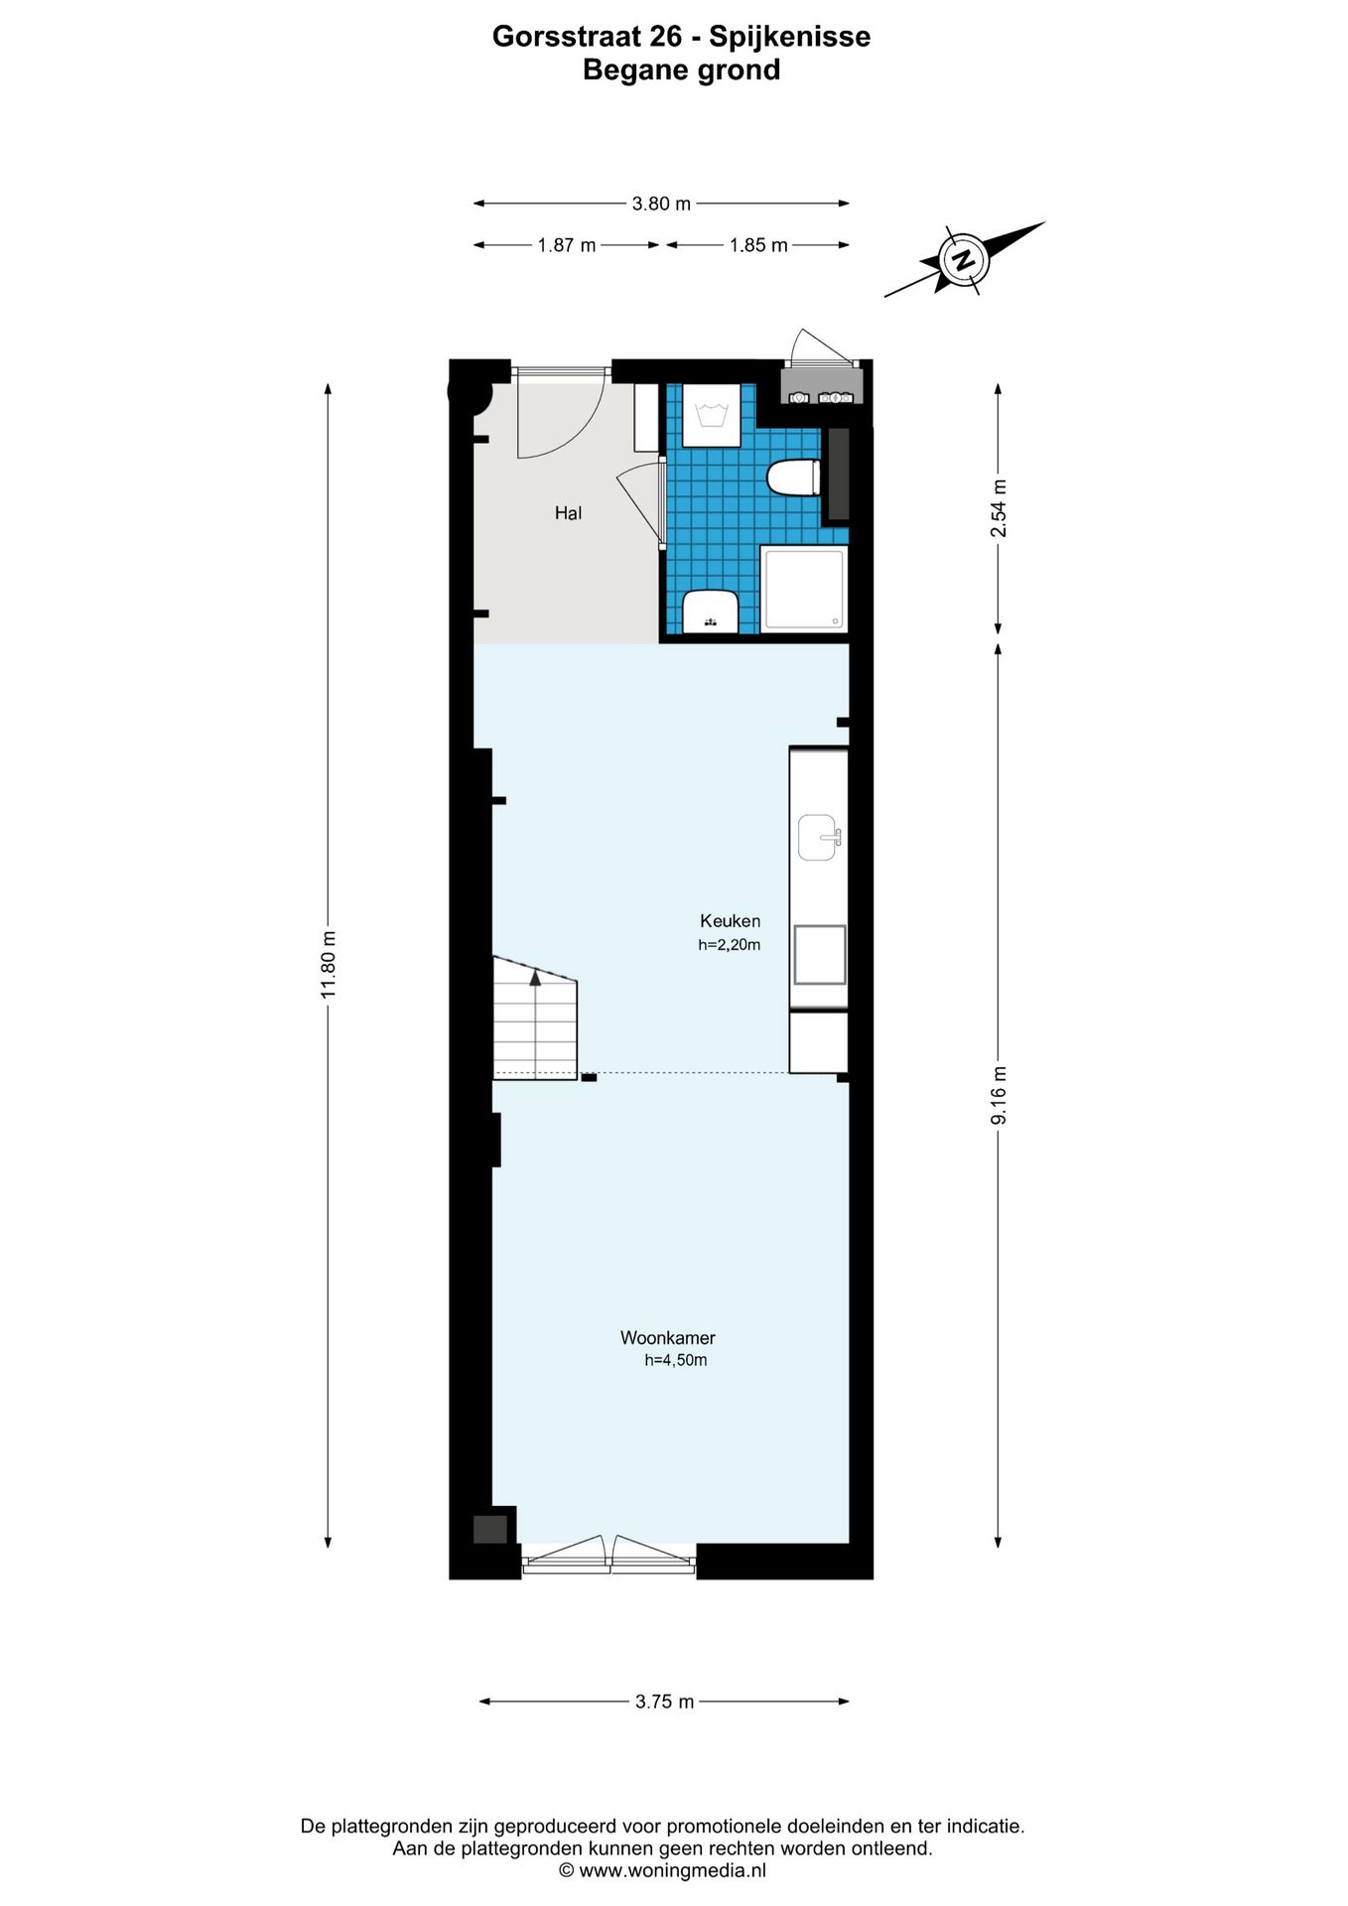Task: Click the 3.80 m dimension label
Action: [x=661, y=204]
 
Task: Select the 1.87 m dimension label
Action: [x=567, y=245]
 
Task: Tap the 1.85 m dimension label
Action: [x=758, y=245]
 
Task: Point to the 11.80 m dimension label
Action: [x=331, y=964]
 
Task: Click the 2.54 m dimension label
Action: [x=999, y=508]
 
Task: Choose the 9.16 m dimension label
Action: [x=999, y=1095]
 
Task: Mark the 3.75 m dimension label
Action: [x=664, y=1702]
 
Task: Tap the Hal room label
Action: [x=568, y=513]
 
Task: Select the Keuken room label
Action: [x=730, y=921]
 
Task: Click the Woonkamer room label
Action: [x=667, y=1338]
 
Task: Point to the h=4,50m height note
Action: [x=675, y=1361]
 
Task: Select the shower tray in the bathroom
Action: [x=805, y=588]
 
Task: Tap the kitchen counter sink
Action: [x=819, y=838]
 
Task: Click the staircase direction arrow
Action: [x=535, y=978]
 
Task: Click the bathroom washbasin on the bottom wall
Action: [x=710, y=611]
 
